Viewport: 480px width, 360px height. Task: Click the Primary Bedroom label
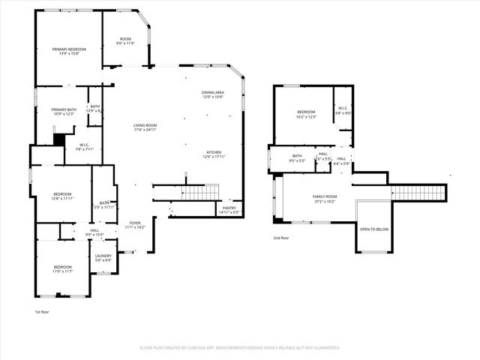tap(69, 49)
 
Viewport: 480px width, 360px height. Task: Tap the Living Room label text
tap(145, 125)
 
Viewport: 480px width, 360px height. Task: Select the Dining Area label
tap(212, 93)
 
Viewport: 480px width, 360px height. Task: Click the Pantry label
tap(229, 209)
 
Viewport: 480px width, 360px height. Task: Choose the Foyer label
tap(135, 223)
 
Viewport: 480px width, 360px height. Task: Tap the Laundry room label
tap(103, 256)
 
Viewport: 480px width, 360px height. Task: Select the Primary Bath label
tap(63, 109)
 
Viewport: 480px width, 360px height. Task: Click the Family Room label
tap(325, 196)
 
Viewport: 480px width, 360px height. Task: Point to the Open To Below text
tap(373, 229)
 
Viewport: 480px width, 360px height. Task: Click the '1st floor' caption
tap(43, 311)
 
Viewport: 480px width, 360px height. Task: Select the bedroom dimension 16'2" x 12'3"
tap(306, 117)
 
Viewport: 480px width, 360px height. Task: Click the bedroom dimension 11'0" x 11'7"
tap(62, 271)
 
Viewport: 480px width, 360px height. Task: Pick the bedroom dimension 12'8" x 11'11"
tap(62, 198)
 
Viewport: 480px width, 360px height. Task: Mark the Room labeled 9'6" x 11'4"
tap(125, 43)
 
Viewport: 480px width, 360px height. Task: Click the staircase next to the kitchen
tap(199, 193)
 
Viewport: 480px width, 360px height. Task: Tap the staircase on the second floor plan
tap(418, 193)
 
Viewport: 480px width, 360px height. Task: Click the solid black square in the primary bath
tap(58, 139)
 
